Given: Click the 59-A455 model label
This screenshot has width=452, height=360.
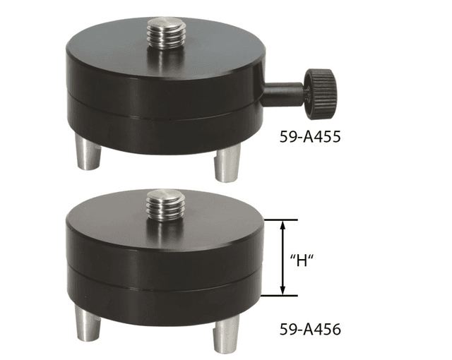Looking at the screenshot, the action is pos(310,136).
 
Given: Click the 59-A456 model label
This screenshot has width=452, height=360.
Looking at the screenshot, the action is pos(310,329).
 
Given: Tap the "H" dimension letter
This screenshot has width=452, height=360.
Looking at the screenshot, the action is pos(302,261).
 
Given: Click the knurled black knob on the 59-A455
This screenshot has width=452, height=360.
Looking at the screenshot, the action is pos(321,94).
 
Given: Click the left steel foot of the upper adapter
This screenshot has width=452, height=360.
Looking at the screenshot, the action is pos(88,152).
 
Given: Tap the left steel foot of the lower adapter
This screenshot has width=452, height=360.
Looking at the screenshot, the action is pos(88,323).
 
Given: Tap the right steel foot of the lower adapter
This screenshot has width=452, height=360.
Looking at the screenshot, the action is pos(227,333).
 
